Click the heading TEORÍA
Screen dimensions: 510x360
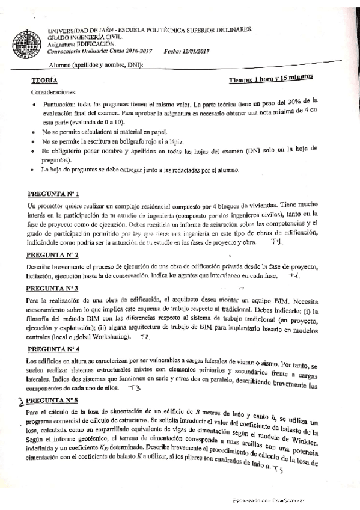point(45,80)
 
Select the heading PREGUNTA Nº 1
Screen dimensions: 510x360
point(53,194)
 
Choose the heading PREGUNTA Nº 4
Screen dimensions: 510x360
point(53,348)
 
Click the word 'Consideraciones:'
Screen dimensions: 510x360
point(53,92)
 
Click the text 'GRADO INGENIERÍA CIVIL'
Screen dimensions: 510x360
point(78,37)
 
